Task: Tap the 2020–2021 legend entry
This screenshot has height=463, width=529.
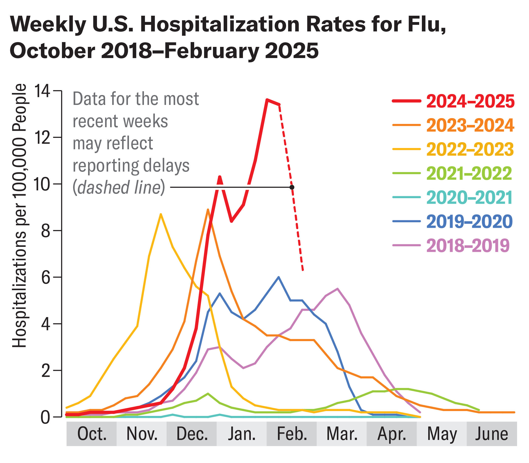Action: click(469, 197)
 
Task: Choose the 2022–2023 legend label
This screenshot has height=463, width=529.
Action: click(469, 149)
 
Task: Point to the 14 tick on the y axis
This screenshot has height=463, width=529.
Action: click(42, 91)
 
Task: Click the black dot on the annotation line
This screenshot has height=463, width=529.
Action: click(292, 187)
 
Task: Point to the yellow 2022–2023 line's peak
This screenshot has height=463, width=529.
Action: click(161, 214)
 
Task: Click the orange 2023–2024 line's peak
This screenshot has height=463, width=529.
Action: click(208, 210)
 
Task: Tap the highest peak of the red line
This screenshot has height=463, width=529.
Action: click(267, 100)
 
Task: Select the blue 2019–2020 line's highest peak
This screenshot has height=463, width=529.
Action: click(278, 277)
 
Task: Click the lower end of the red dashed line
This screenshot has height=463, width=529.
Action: click(303, 270)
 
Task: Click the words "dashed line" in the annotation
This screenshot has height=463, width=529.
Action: click(119, 187)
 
